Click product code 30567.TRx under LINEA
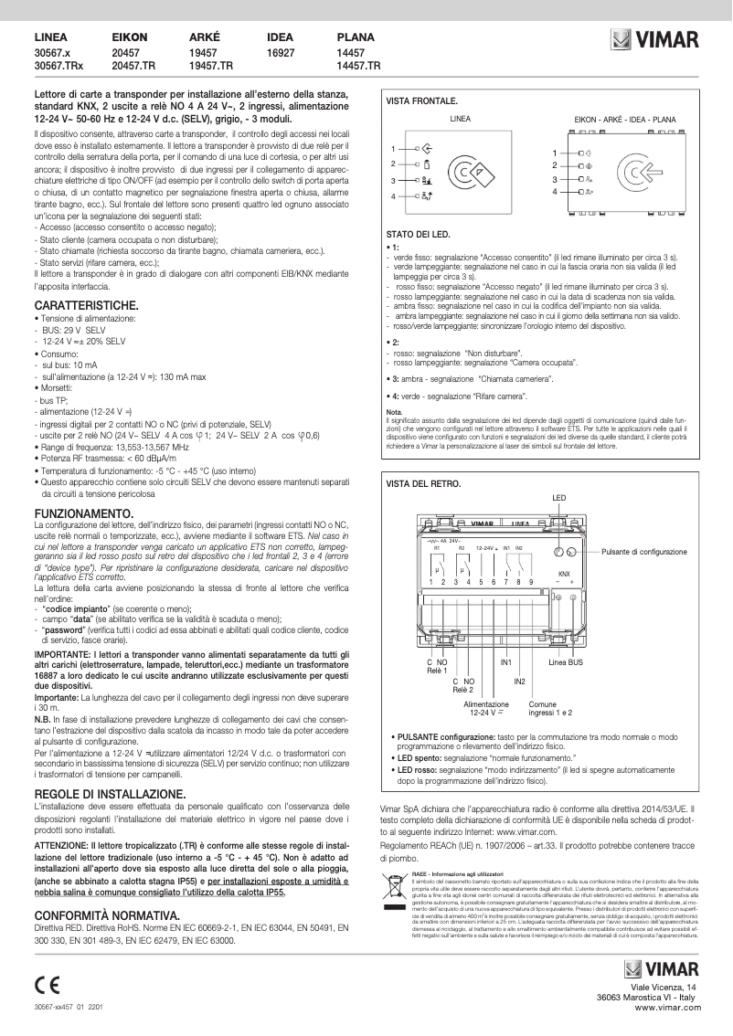point(58,67)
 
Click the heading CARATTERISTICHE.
point(86,303)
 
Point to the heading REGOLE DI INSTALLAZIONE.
point(110,793)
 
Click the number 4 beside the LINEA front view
point(394,197)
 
